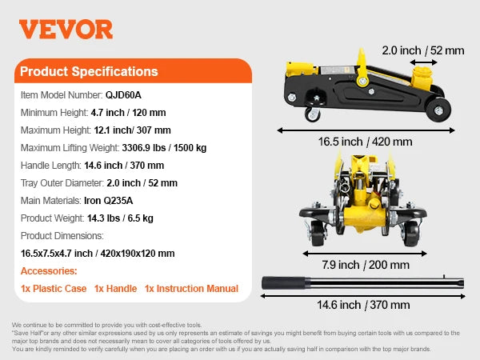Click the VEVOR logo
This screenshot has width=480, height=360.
(x=66, y=29)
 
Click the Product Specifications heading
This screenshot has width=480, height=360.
(x=89, y=72)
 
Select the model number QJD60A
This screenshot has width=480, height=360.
(x=123, y=94)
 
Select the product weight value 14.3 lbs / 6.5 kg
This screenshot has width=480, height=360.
(x=119, y=218)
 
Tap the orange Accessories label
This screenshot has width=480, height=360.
(x=49, y=271)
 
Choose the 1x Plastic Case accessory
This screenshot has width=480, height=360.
(x=53, y=289)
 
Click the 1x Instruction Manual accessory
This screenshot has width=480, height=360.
(x=191, y=289)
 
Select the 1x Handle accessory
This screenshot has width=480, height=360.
(x=115, y=289)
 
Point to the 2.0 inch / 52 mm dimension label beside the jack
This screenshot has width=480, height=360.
(x=422, y=49)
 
